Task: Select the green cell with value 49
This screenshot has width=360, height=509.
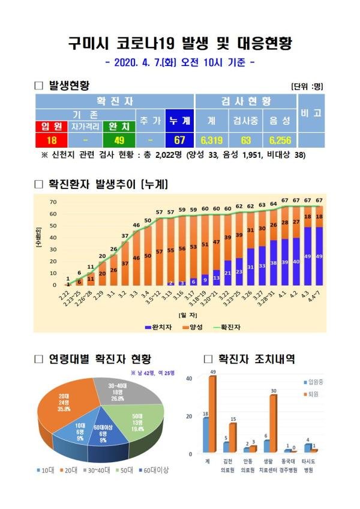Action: pos(118,141)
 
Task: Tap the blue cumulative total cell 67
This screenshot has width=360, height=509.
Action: pos(179,141)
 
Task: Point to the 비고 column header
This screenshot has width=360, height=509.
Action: pos(311,113)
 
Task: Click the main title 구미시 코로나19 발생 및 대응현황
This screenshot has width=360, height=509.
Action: pos(179,44)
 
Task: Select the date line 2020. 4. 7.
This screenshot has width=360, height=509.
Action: pos(179,63)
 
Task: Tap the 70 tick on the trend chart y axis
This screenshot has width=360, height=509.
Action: pos(53,202)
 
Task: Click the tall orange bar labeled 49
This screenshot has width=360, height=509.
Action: pos(212,414)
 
